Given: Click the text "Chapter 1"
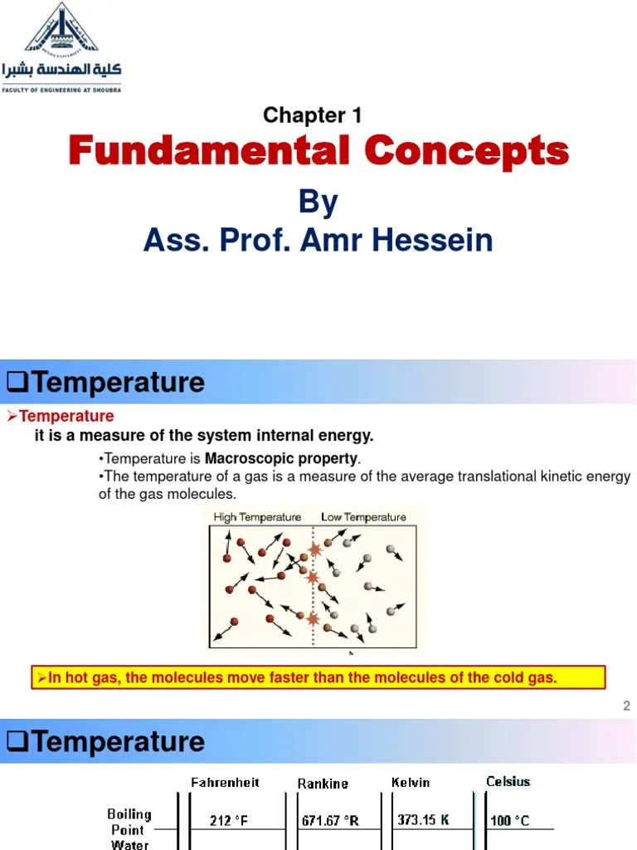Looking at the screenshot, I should (312, 115).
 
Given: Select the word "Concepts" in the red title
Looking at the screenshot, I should (467, 152).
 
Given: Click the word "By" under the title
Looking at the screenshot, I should (318, 203).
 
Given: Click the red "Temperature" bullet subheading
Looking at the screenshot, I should (66, 416).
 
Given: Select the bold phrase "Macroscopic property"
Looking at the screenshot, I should (282, 458).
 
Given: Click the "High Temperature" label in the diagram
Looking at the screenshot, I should (257, 517).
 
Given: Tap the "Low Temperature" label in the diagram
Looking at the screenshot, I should (363, 517).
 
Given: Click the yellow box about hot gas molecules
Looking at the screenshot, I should (318, 677).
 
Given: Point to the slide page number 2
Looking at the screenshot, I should (626, 706).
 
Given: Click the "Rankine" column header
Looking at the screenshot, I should (323, 783).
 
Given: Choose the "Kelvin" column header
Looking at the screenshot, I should (412, 782).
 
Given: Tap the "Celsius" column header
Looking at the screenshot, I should (508, 781).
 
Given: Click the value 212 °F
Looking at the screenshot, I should (228, 821).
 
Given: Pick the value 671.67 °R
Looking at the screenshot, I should (329, 821).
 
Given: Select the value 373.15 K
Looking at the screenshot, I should (422, 820).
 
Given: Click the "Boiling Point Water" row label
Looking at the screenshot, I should (129, 829).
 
